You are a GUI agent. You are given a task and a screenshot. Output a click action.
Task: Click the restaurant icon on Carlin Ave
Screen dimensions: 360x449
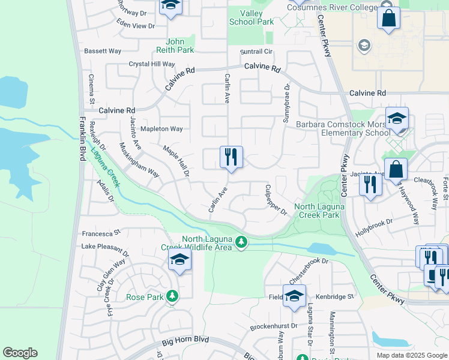[x=231, y=158]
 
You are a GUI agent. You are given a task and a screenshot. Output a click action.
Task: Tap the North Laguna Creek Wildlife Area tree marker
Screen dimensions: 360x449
[x=241, y=242]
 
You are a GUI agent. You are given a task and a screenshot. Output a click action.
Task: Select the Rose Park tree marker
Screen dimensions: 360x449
[x=172, y=296]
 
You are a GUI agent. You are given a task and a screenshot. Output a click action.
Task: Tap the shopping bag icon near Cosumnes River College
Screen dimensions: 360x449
[x=389, y=19]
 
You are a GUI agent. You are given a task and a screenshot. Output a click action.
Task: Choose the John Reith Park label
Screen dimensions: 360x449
[x=175, y=46]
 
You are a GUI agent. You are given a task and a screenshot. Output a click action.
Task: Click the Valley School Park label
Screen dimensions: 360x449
[x=251, y=17]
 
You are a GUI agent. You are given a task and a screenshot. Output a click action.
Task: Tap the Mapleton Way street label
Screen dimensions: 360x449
[x=161, y=129]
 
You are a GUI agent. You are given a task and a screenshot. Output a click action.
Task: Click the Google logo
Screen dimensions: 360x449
[x=20, y=353]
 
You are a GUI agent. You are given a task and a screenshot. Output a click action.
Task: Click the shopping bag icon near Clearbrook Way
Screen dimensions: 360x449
[x=396, y=170]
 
